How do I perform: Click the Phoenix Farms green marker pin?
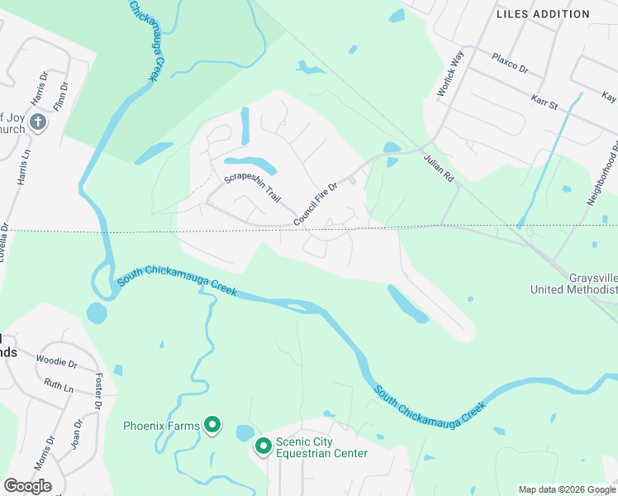212,425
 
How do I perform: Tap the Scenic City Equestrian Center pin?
264,446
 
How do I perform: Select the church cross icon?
37,123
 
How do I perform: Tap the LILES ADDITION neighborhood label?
543,14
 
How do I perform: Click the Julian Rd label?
439,167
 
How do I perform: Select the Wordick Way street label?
451,74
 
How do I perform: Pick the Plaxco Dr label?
510,64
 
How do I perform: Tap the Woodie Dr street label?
56,362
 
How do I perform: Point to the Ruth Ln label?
59,385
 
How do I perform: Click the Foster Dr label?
98,392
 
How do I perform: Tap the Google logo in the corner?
27,486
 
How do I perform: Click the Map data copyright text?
566,489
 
